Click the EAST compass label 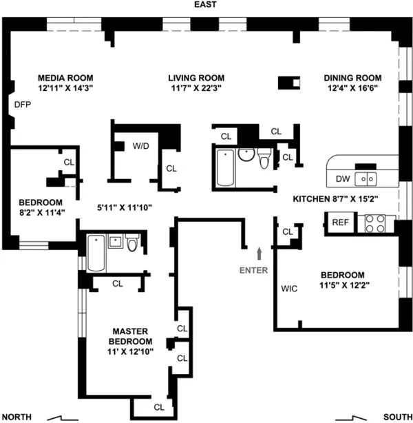coord(206,5)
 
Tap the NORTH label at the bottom coord(19,416)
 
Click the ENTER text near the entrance coord(253,270)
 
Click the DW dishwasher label coord(343,179)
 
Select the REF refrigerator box coord(340,222)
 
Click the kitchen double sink coord(366,179)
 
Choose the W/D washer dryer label coord(140,146)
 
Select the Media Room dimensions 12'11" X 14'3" coord(65,88)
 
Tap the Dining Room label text coord(352,78)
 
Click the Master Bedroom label coord(131,336)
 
